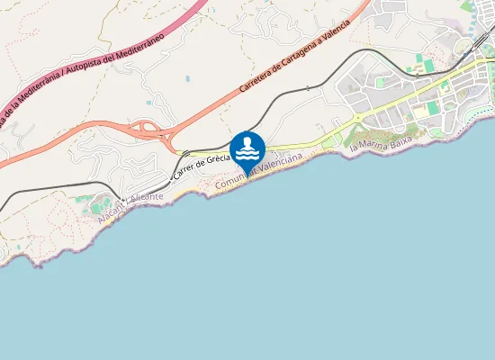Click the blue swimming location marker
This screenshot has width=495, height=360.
coord(247,149)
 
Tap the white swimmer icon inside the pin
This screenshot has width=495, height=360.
coord(247,148)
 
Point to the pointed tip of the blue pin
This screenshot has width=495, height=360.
coord(247,175)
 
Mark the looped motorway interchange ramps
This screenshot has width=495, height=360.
coord(148,131)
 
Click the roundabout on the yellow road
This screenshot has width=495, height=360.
coord(359,118)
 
